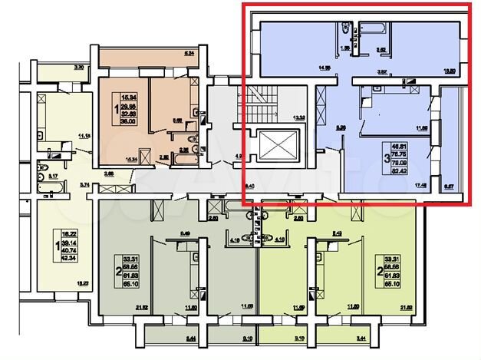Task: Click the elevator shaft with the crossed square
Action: tap(275, 146)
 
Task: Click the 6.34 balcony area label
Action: tap(189, 54)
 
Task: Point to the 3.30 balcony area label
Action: tap(77, 68)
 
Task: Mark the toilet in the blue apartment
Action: tap(348, 30)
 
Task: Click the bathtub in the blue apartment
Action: tap(376, 30)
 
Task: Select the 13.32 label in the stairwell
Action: tap(299, 117)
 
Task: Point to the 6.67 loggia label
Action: tap(449, 186)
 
